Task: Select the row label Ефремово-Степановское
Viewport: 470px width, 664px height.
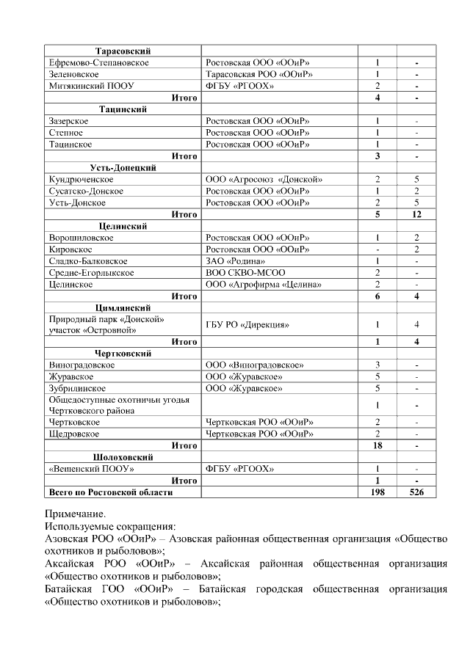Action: tap(98, 63)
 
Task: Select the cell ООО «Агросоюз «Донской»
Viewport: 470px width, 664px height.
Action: tap(264, 179)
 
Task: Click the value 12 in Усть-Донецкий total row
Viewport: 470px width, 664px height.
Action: tap(416, 214)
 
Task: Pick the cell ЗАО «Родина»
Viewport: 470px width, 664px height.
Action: tap(236, 261)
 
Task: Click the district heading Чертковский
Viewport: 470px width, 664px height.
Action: tap(123, 353)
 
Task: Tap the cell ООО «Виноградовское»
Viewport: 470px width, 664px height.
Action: tap(255, 365)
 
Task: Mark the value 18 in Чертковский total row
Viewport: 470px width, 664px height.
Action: tap(377, 445)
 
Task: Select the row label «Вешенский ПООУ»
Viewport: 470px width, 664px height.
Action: tap(91, 469)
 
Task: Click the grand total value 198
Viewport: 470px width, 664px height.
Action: tap(377, 492)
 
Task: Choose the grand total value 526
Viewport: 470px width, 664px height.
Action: tap(416, 492)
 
